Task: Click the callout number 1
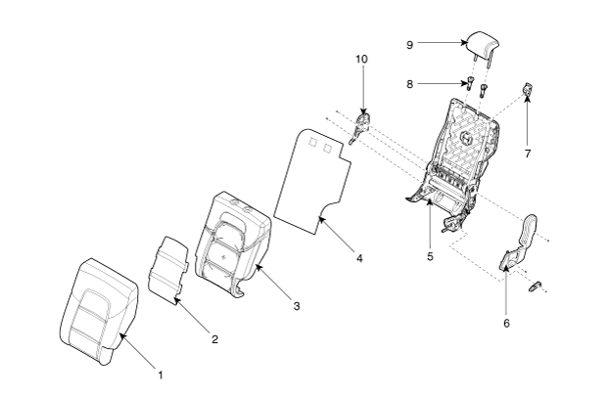(160, 375)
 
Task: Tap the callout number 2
(214, 339)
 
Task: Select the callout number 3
(297, 306)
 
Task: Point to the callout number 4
(359, 258)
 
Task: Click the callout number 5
(430, 256)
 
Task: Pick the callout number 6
(506, 323)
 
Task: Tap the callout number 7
(528, 154)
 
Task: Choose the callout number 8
(410, 84)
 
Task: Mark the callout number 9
(410, 45)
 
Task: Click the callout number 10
(361, 59)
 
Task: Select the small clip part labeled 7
(528, 89)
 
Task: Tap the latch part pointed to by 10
(360, 125)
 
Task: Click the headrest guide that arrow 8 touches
(470, 83)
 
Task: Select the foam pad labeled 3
(232, 243)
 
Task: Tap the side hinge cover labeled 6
(520, 243)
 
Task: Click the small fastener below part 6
(536, 286)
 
